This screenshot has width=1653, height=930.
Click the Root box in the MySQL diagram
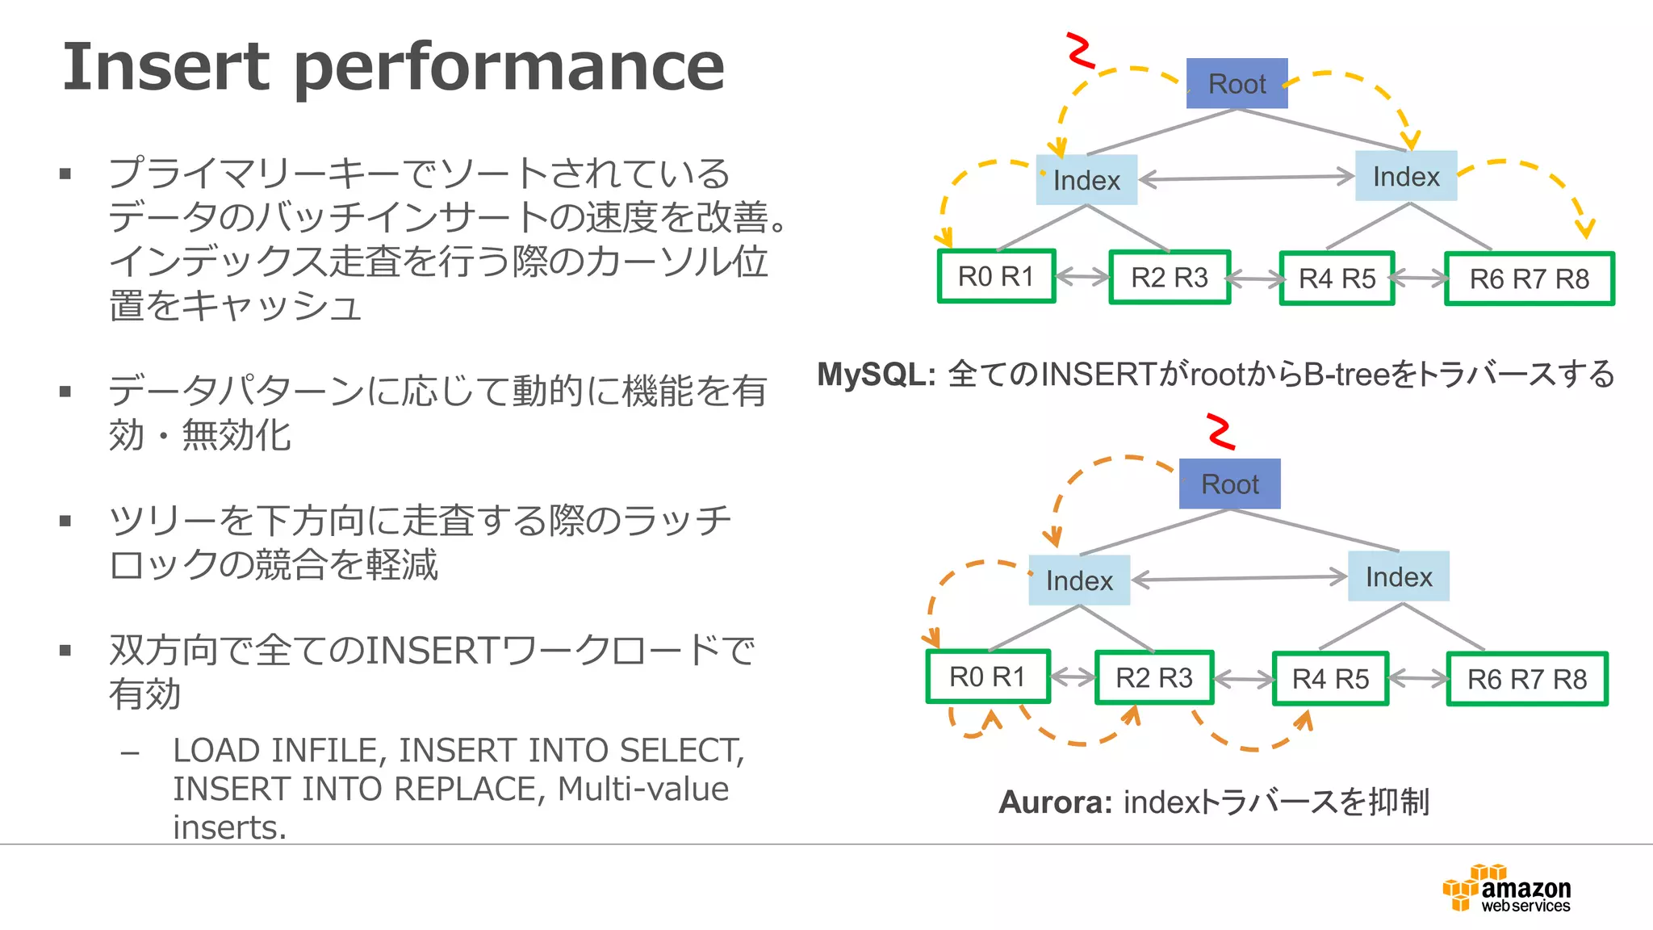pyautogui.click(x=1237, y=83)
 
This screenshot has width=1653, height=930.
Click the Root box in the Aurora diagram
pyautogui.click(x=1229, y=484)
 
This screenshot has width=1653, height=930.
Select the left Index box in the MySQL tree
pyautogui.click(x=1086, y=179)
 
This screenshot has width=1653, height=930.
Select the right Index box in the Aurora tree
pyautogui.click(x=1399, y=576)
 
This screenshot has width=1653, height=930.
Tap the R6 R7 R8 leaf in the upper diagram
pyautogui.click(x=1529, y=279)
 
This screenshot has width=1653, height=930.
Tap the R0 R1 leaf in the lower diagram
pyautogui.click(x=988, y=677)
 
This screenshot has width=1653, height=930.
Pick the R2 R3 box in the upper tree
pyautogui.click(x=1170, y=277)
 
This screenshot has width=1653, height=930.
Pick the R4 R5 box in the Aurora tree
pyautogui.click(x=1330, y=678)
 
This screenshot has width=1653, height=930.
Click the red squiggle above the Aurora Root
pyautogui.click(x=1221, y=431)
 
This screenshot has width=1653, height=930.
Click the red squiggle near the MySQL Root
pyautogui.click(x=1081, y=50)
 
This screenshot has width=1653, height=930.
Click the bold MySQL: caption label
pyautogui.click(x=876, y=374)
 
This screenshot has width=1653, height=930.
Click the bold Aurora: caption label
pyautogui.click(x=1055, y=802)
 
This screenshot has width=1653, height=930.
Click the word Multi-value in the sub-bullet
pyautogui.click(x=642, y=789)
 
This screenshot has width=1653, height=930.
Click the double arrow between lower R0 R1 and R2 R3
pyautogui.click(x=1073, y=677)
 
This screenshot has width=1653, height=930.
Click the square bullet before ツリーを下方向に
pyautogui.click(x=66, y=521)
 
